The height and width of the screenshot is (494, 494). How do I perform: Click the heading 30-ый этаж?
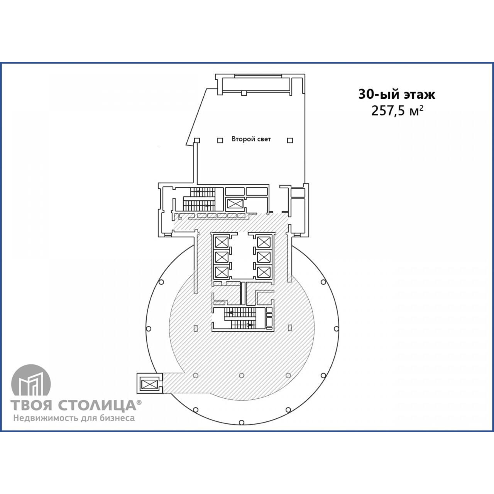coord(397,94)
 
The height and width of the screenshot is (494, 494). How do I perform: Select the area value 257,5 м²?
coord(397,111)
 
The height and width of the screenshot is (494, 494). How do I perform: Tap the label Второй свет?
coord(251,139)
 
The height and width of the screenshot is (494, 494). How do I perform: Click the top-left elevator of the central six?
coord(222,242)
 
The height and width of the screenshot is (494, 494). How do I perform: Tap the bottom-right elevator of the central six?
coord(264,272)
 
